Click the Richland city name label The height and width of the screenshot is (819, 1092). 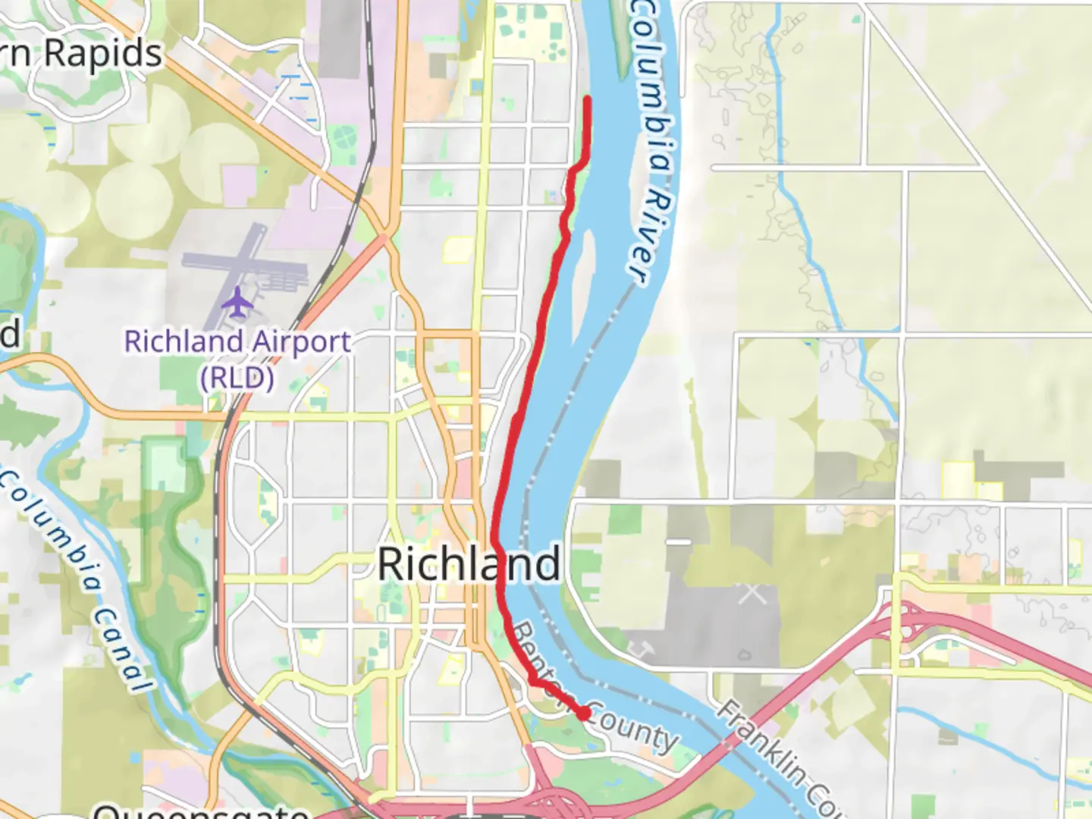click(469, 564)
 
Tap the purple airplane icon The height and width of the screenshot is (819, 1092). click(238, 302)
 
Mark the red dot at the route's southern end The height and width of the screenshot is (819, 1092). click(583, 713)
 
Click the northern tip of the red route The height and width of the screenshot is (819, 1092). click(588, 99)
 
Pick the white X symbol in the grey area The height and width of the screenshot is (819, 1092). click(752, 592)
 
